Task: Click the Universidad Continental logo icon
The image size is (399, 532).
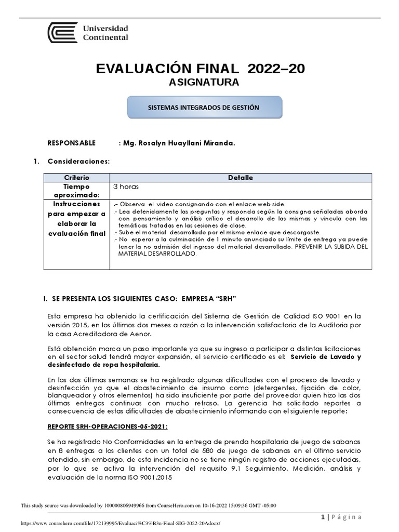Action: (x=63, y=33)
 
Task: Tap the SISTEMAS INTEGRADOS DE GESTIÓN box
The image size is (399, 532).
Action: (x=205, y=107)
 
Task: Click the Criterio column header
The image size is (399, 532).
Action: (x=76, y=178)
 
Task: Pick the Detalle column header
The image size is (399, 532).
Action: (x=240, y=178)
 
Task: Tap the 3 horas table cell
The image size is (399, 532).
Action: (x=126, y=186)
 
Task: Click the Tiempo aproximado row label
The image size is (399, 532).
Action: (x=76, y=190)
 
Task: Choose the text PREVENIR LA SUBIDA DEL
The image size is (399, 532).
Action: (x=326, y=246)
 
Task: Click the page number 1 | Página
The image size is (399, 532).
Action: (x=341, y=516)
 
